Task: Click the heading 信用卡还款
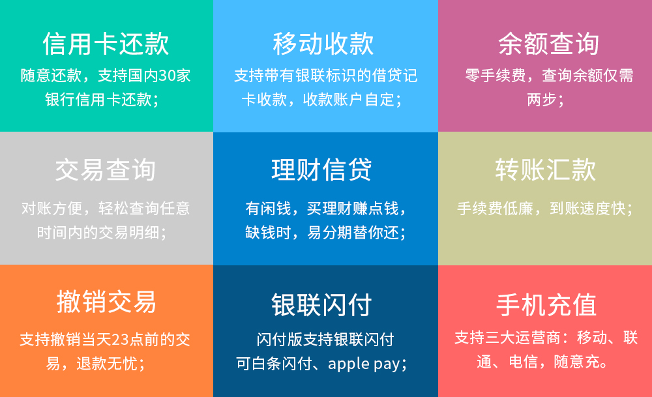tap(106, 44)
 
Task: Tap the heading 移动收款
tap(323, 44)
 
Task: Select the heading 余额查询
tap(549, 44)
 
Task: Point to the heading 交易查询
tap(106, 169)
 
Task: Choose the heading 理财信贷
tap(321, 169)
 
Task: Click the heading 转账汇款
tap(546, 169)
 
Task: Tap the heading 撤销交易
tap(106, 302)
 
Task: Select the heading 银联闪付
tap(321, 304)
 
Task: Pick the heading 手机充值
tap(546, 304)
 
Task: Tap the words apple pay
tap(364, 364)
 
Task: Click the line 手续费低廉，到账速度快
tap(544, 208)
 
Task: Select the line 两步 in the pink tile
tap(545, 100)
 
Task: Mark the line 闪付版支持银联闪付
tap(325, 340)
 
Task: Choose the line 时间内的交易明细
tap(102, 232)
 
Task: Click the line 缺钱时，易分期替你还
tap(325, 232)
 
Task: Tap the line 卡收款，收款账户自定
tap(322, 100)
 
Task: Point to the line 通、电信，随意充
tap(543, 362)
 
